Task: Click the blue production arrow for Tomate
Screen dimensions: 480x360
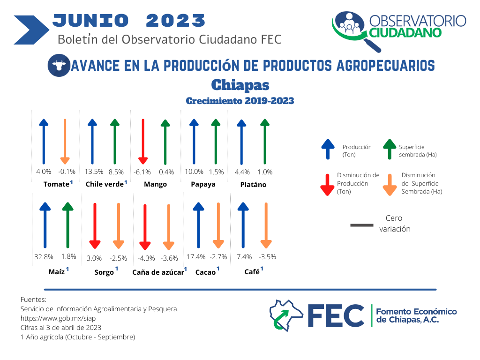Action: (44, 142)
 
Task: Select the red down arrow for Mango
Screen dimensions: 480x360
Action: (143, 142)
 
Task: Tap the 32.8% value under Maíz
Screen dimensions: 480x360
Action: (44, 256)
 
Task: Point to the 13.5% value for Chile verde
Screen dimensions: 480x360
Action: (94, 172)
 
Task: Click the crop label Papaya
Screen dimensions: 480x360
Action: (203, 184)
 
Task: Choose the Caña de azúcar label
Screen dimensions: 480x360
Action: (158, 272)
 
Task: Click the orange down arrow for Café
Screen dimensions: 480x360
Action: (266, 225)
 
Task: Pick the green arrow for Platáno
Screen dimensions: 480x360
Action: (265, 142)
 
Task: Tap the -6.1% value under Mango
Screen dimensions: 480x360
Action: (142, 172)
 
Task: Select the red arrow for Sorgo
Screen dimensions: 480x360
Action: (95, 225)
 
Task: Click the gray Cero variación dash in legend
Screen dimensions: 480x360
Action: (362, 225)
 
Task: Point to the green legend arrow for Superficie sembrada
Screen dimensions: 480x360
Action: (390, 149)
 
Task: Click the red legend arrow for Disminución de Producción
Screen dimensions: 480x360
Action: (327, 185)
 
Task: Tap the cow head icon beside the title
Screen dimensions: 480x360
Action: (59, 65)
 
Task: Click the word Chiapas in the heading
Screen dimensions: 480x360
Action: (240, 85)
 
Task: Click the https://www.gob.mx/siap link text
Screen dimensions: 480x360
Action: (58, 318)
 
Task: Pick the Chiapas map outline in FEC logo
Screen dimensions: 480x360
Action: (286, 315)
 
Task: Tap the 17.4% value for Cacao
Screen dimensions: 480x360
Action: (196, 257)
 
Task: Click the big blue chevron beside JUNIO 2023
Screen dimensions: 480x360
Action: (31, 30)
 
